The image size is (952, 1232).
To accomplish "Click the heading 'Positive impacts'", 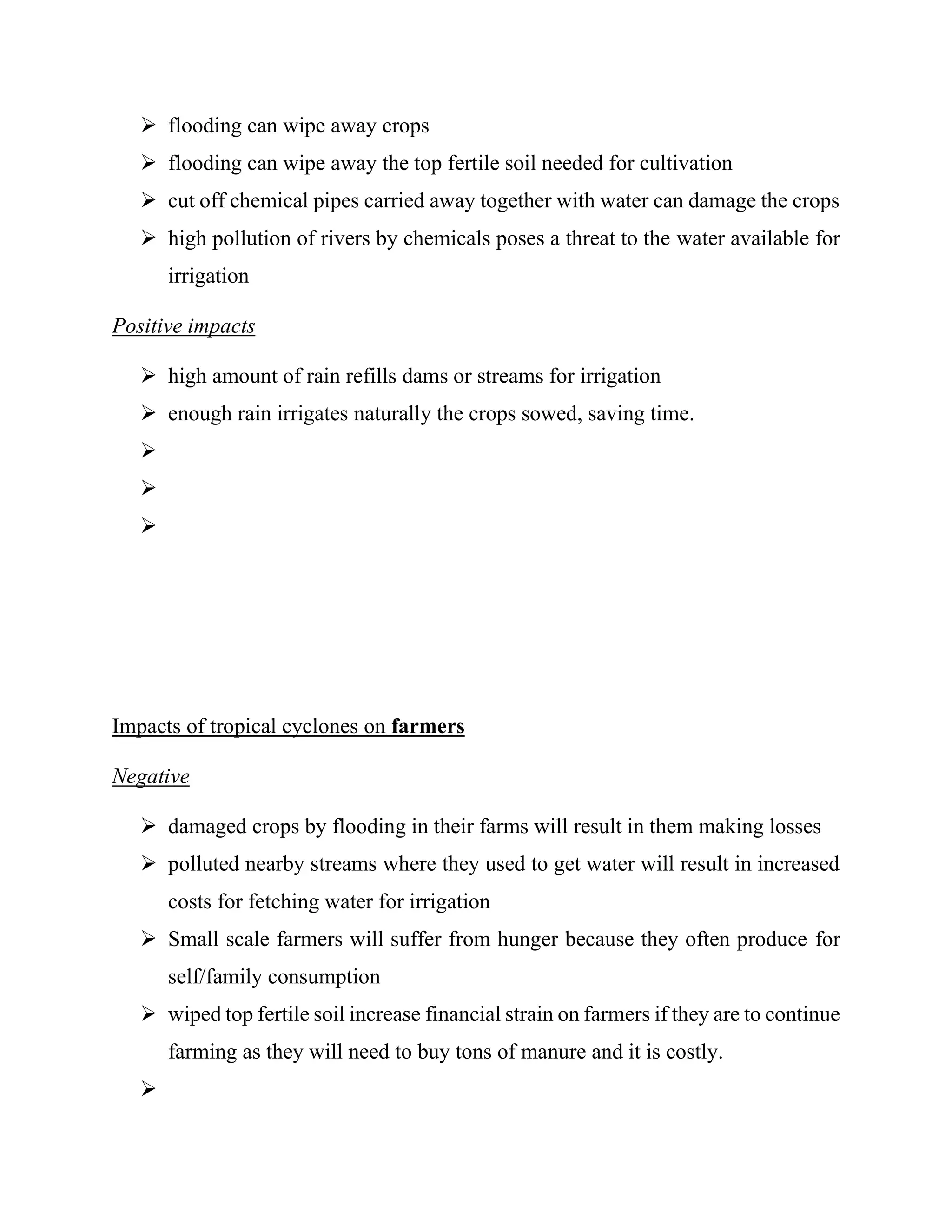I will coord(183,326).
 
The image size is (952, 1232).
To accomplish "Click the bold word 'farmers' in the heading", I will coord(428,726).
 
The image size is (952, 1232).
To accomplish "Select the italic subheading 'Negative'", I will coord(151,776).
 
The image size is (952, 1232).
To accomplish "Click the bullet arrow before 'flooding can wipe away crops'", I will coord(148,125).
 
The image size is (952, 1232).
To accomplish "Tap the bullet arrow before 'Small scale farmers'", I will coord(148,939).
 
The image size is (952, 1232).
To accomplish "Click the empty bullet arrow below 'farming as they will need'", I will coord(148,1089).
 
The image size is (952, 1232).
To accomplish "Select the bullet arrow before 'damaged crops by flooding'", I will coord(148,827).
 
